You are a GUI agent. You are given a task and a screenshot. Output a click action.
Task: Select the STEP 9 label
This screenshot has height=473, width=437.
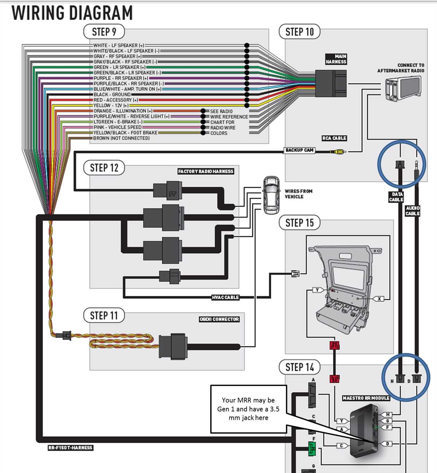(104, 32)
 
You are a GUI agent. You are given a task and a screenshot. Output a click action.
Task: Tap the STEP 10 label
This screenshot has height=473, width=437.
(299, 32)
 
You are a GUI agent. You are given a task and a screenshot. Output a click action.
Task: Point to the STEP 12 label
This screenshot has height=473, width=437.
(104, 168)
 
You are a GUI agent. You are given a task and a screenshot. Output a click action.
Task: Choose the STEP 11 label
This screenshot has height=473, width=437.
(104, 315)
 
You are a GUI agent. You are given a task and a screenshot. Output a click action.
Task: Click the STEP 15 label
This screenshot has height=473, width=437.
(299, 223)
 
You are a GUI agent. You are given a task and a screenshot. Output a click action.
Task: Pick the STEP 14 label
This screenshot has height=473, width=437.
(299, 367)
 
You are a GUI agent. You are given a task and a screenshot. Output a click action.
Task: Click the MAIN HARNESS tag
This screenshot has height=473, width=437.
(336, 59)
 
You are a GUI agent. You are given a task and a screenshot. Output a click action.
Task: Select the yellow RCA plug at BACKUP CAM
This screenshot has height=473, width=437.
(340, 151)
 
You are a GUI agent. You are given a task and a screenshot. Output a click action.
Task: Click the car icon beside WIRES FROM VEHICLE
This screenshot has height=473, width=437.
(271, 195)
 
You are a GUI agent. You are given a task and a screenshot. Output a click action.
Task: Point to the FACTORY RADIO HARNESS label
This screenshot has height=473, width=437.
(206, 171)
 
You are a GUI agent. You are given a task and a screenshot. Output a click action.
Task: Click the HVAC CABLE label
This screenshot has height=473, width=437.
(225, 297)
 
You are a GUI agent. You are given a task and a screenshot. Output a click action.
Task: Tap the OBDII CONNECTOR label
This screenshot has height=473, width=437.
(219, 319)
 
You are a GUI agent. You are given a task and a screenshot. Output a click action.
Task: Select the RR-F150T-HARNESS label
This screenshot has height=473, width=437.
(70, 448)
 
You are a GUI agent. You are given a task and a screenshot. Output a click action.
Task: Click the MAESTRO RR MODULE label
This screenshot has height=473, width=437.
(366, 398)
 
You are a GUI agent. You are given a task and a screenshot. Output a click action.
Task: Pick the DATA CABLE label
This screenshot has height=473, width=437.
(396, 197)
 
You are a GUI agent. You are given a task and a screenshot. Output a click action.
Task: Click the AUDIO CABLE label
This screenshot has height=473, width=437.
(413, 211)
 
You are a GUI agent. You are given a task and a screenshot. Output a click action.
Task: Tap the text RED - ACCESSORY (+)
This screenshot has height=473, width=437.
(116, 100)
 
